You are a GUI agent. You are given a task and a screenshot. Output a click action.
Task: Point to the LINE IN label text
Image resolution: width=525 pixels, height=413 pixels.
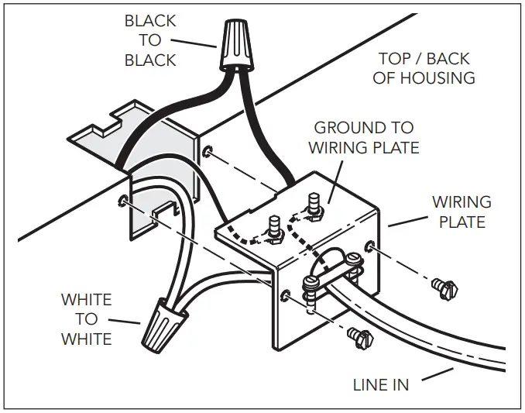click(x=380, y=384)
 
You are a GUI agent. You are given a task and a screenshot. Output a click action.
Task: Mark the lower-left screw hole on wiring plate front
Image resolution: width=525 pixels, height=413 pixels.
click(x=286, y=297)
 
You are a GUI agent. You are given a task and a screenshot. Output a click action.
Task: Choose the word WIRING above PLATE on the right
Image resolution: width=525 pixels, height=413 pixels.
click(x=462, y=203)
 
